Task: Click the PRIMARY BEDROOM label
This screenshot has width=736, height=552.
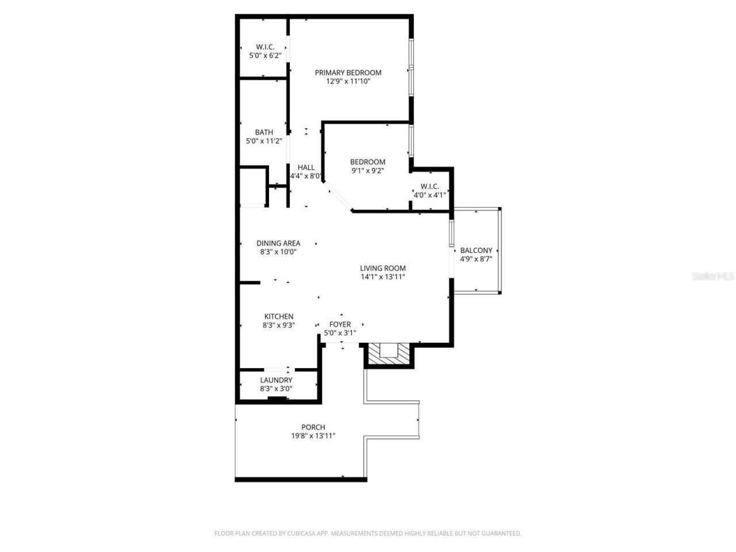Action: tap(348, 72)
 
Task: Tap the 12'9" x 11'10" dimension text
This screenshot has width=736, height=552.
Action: tap(348, 82)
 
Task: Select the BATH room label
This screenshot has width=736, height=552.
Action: tap(264, 132)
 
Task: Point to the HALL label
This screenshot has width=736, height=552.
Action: tap(306, 167)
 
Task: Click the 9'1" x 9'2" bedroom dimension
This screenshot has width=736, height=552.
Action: tap(367, 171)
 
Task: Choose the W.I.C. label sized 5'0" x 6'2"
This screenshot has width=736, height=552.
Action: tap(264, 47)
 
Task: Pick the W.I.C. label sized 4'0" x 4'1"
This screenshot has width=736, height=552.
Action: tap(430, 186)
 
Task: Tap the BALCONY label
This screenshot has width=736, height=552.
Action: tap(476, 250)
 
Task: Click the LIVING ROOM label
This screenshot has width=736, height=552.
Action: tap(383, 268)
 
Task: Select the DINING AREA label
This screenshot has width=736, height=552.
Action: tap(278, 243)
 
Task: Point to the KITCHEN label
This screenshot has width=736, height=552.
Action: tap(279, 316)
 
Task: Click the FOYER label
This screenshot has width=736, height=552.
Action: tap(340, 324)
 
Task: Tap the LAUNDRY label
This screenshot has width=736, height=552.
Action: tap(276, 380)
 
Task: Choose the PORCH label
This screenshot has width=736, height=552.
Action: tap(313, 427)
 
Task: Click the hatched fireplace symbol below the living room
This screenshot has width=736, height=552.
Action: tap(389, 353)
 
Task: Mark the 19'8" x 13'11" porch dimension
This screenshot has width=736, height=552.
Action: tap(313, 436)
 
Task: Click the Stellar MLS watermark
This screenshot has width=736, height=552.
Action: tap(712, 276)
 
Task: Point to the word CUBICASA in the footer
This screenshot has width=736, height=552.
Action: tap(300, 534)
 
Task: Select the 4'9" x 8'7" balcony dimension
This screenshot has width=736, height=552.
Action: tap(476, 259)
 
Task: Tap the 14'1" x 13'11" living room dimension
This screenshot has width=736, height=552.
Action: tap(383, 277)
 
